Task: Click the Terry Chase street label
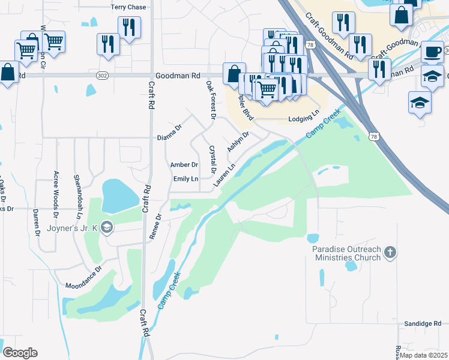click(x=128, y=7)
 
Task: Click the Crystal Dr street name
click(x=212, y=160)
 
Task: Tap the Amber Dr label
click(x=184, y=165)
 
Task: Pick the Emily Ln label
click(x=185, y=179)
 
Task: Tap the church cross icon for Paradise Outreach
click(x=390, y=252)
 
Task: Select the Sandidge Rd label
click(x=422, y=323)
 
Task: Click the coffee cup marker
click(x=432, y=52)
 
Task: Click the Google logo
click(x=20, y=352)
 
